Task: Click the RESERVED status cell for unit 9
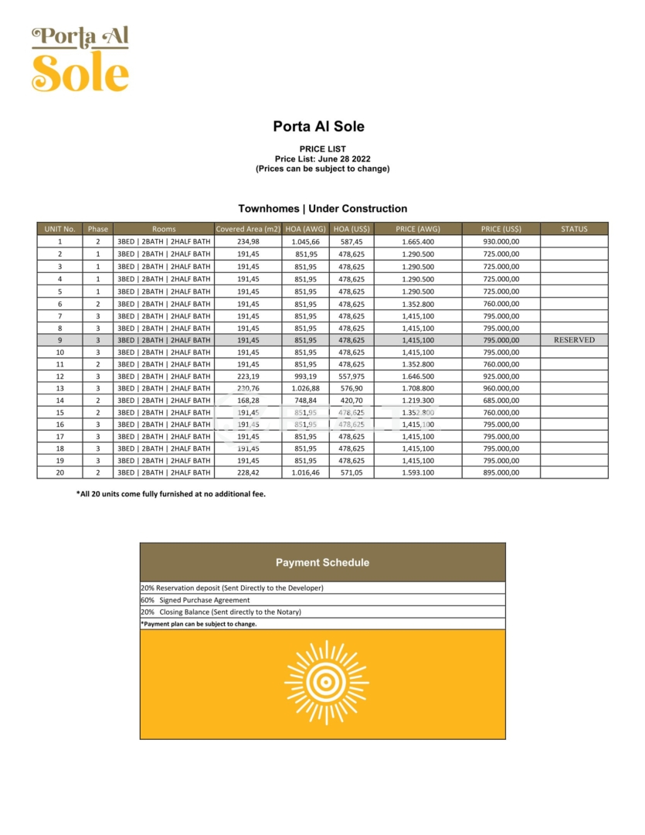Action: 574,340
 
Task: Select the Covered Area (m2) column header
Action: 247,229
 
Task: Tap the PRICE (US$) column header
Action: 501,229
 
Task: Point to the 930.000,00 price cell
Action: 501,242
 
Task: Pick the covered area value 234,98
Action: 247,242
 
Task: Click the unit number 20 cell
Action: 59,472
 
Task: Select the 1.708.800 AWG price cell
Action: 418,388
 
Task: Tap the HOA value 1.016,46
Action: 305,472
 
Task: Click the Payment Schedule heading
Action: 322,563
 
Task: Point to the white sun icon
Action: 326,682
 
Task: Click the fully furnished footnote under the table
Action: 171,493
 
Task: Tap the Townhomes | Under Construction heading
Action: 322,209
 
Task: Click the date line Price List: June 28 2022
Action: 322,158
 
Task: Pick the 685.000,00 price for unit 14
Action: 501,400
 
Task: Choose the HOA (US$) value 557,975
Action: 351,376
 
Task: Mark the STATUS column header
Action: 574,229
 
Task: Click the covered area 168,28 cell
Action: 247,400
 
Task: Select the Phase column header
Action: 98,229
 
